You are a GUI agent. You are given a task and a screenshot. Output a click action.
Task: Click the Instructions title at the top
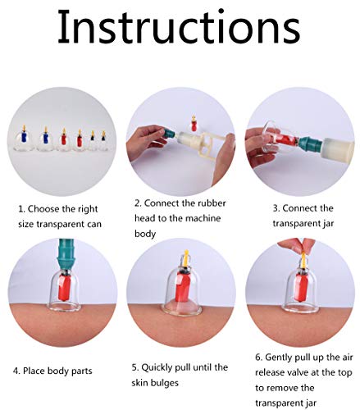click(x=179, y=26)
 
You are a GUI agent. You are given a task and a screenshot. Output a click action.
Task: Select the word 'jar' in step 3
click(x=328, y=224)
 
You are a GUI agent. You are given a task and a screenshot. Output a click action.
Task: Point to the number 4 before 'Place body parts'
click(x=16, y=371)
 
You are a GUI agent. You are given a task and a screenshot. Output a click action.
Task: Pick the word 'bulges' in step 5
click(x=163, y=383)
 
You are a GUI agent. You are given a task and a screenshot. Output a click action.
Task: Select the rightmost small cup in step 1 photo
click(x=103, y=140)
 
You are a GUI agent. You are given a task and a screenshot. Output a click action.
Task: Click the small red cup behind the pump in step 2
click(x=194, y=124)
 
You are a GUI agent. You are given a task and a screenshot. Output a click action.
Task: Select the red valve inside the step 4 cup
click(x=65, y=289)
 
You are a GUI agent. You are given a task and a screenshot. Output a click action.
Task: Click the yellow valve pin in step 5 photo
click(x=186, y=258)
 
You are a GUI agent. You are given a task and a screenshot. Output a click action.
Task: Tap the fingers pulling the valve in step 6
click(x=296, y=245)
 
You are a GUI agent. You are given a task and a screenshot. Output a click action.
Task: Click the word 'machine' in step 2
click(x=202, y=219)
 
